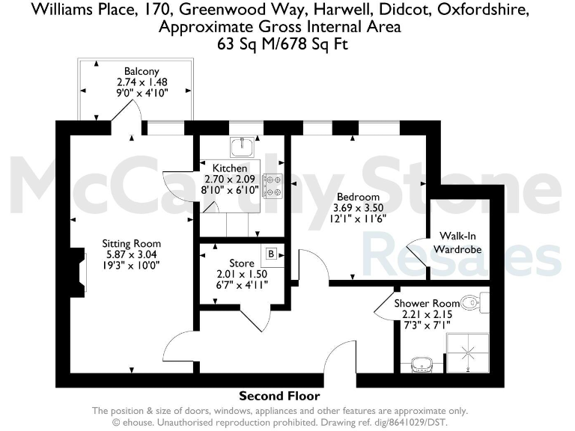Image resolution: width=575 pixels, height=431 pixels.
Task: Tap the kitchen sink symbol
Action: [x=243, y=145]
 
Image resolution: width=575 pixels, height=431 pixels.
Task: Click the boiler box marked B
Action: [x=271, y=254]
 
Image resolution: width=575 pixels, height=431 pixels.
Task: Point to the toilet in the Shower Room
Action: [x=472, y=303]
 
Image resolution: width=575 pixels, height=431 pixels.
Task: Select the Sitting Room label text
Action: [x=132, y=244]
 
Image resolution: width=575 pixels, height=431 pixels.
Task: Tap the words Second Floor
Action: [x=279, y=396]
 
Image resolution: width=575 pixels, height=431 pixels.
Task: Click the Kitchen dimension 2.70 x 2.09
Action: [x=231, y=179]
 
